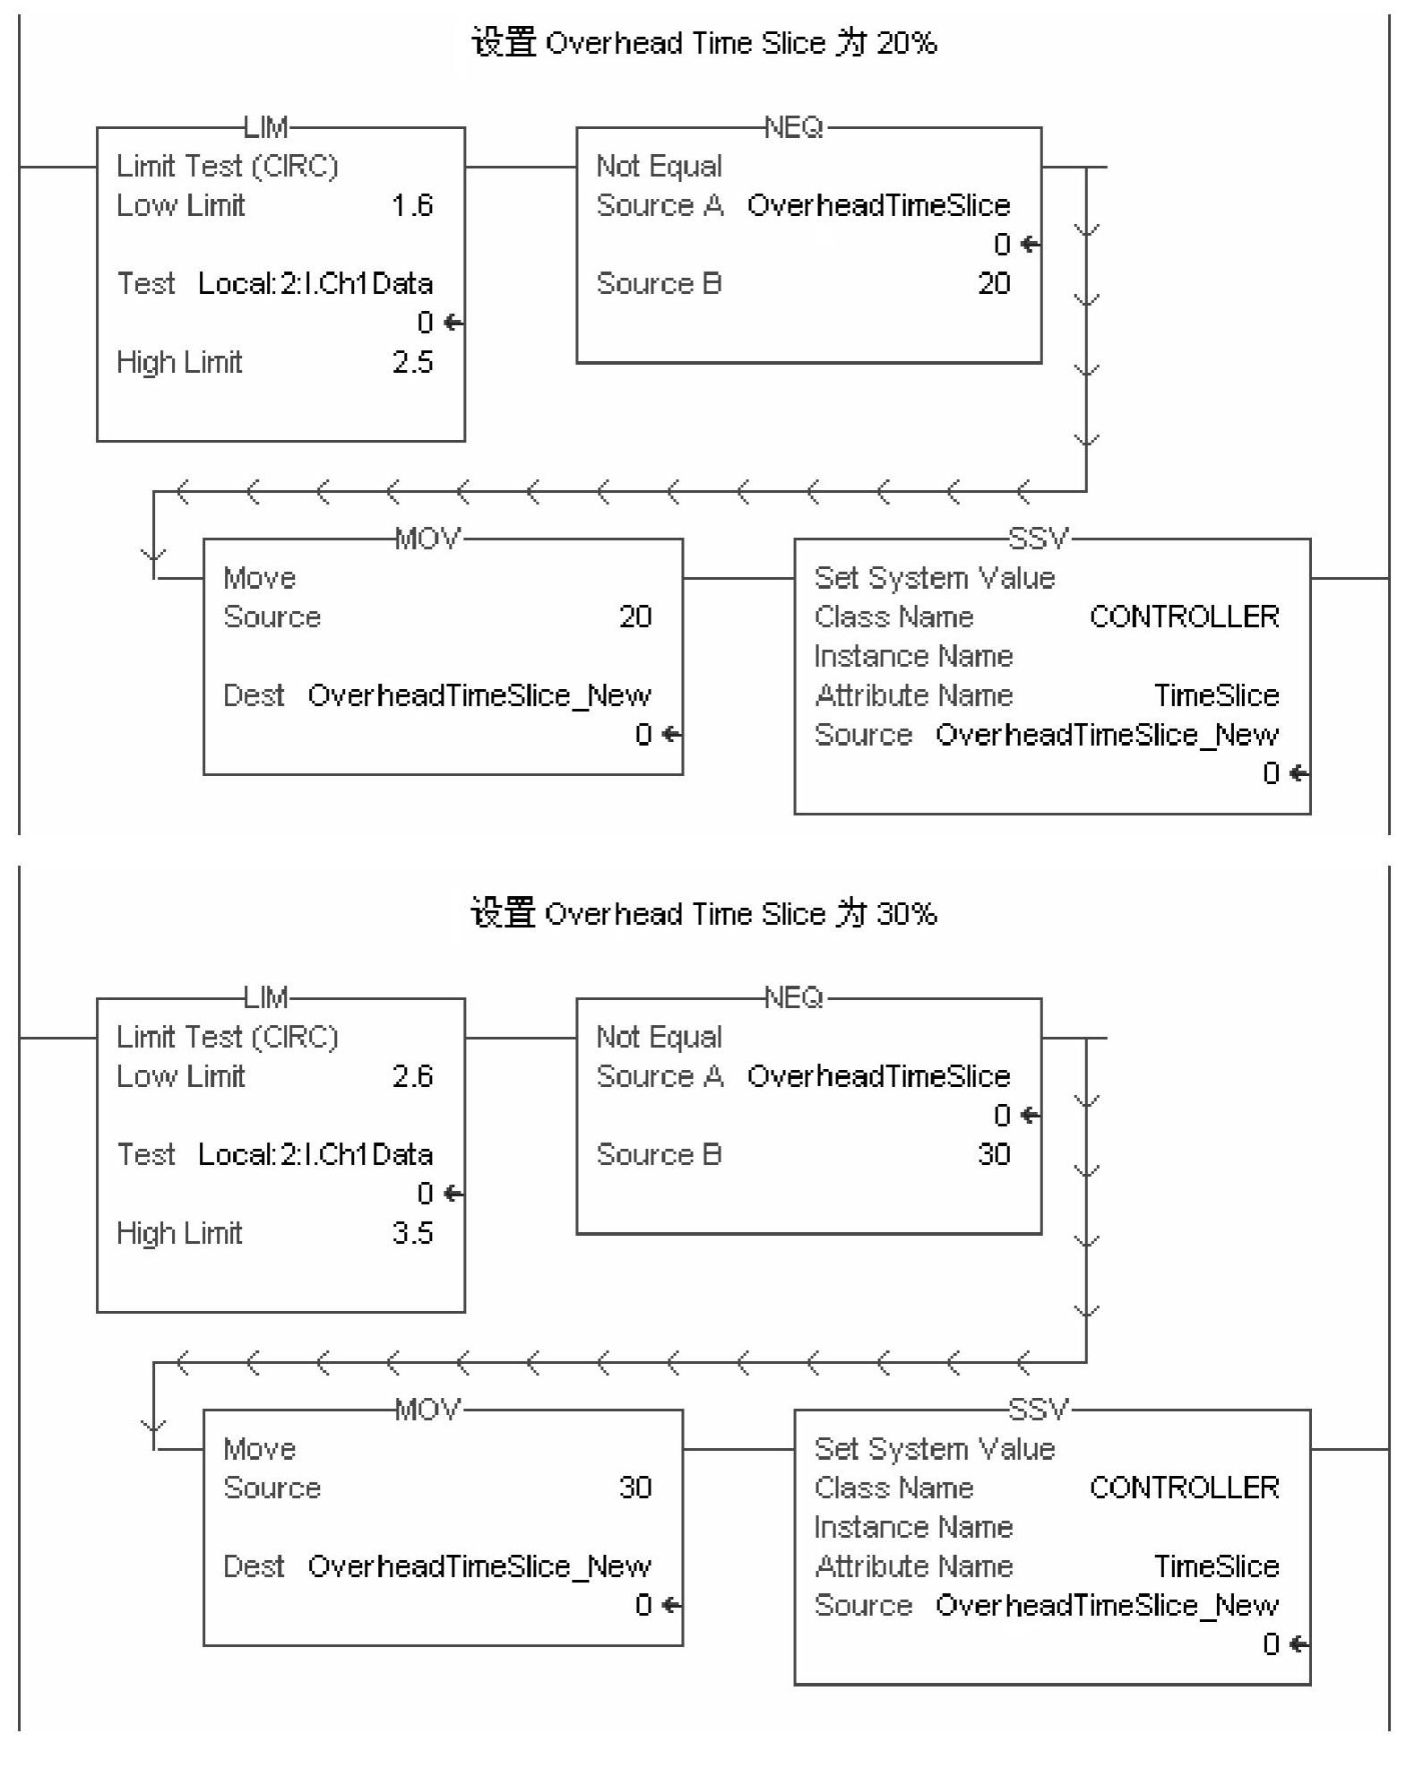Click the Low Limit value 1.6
412,206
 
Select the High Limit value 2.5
412,363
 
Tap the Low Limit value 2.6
412,1076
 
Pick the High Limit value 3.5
412,1233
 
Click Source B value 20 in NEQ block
994,284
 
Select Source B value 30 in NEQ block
994,1155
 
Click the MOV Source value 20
635,617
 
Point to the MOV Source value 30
635,1488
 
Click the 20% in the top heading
907,43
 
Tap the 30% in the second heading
907,914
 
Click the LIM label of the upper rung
266,128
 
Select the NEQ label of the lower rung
794,998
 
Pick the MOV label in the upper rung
428,539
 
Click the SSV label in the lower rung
1039,1410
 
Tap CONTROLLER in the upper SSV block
1184,617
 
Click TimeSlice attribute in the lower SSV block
1216,1566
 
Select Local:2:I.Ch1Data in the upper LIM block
315,284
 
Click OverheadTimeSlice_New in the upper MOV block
479,695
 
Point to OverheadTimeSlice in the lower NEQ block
878,1076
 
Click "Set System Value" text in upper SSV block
935,578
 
